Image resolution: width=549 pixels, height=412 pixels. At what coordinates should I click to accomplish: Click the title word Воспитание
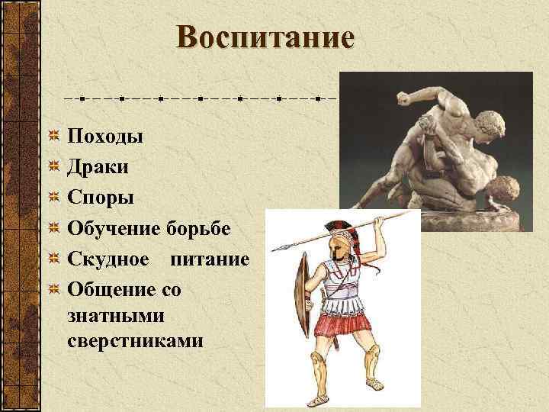pos(265,37)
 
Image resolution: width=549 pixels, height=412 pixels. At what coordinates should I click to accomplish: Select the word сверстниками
pos(135,340)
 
